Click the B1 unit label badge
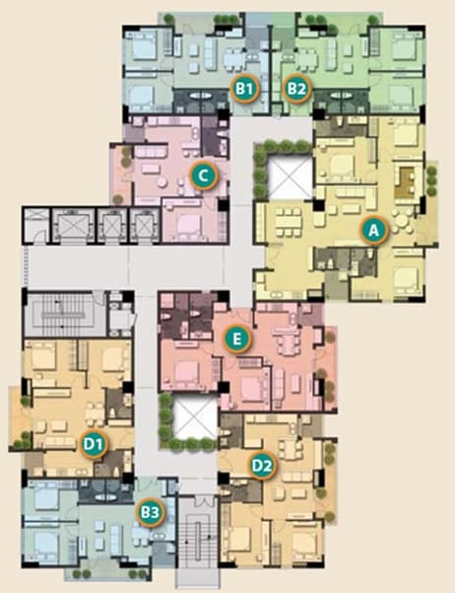pyautogui.click(x=244, y=89)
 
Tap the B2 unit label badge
pyautogui.click(x=296, y=89)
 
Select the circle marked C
pyautogui.click(x=204, y=176)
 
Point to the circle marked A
pyautogui.click(x=374, y=230)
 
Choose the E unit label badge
pyautogui.click(x=236, y=339)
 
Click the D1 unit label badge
pyautogui.click(x=94, y=444)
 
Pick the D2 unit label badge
pyautogui.click(x=262, y=466)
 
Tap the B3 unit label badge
pyautogui.click(x=151, y=512)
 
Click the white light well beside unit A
pyautogui.click(x=290, y=178)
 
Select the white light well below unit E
pyautogui.click(x=196, y=418)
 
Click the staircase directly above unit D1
pyautogui.click(x=61, y=313)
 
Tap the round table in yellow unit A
pyautogui.click(x=401, y=222)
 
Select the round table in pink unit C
pyautogui.click(x=162, y=183)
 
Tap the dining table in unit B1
pyautogui.click(x=234, y=60)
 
